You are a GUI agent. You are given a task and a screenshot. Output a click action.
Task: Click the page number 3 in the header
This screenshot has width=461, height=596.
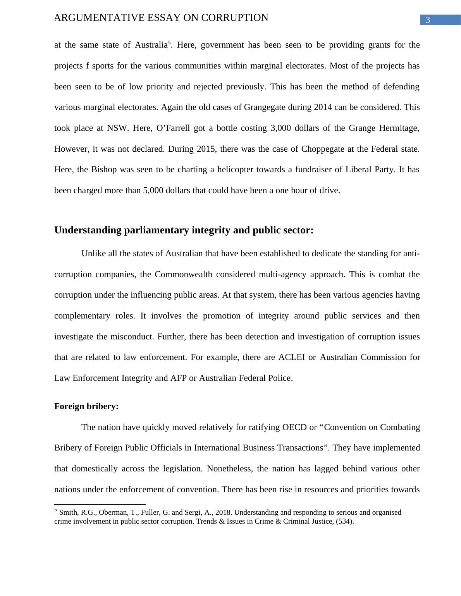pyautogui.click(x=428, y=20)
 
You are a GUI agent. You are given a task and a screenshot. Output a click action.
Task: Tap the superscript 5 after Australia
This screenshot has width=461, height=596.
pyautogui.click(x=169, y=42)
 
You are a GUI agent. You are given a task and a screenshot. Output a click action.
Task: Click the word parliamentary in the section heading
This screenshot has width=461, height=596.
pyautogui.click(x=157, y=230)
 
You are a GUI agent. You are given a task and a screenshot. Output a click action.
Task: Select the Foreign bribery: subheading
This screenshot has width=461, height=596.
pyautogui.click(x=86, y=406)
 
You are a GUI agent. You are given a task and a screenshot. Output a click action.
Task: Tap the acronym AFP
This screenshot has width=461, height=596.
pyautogui.click(x=178, y=378)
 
